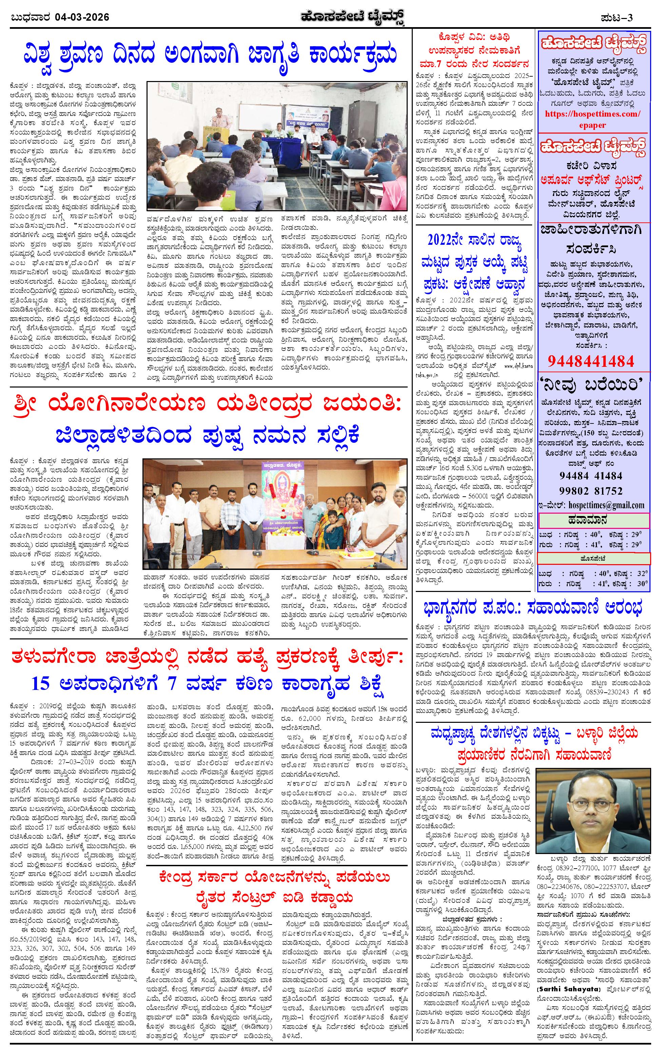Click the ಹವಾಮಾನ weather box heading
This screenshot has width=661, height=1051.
point(593,520)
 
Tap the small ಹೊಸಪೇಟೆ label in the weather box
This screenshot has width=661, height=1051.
point(593,558)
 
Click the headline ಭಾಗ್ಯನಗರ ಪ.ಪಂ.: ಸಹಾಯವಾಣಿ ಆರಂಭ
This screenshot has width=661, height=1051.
point(532,608)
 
